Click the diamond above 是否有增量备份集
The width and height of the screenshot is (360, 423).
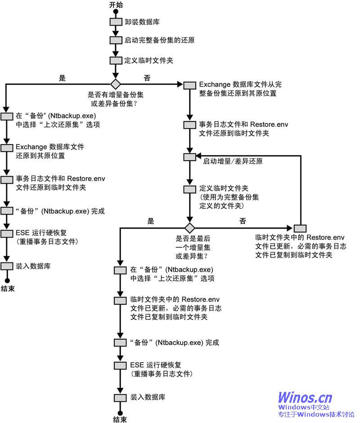click(116, 84)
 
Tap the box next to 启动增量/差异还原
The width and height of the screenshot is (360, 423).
click(189, 157)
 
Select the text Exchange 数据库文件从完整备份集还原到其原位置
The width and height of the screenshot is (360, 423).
click(240, 89)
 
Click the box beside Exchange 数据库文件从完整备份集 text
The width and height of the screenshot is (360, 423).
click(189, 85)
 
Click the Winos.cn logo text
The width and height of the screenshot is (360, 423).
click(305, 397)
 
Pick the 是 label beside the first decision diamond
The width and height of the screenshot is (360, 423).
click(63, 78)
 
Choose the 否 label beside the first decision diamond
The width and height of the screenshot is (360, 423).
click(147, 78)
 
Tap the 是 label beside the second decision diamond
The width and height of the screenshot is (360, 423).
click(151, 221)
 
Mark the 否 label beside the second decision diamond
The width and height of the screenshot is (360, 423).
click(243, 221)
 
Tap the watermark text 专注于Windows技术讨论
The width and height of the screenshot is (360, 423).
click(316, 414)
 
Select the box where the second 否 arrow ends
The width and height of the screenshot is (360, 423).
click(300, 228)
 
